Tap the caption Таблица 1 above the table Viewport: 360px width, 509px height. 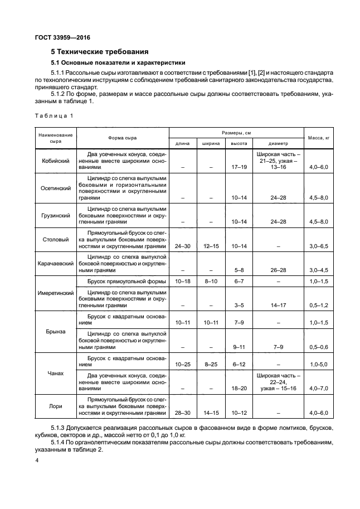pyautogui.click(x=54, y=116)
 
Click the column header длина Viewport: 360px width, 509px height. pyautogui.click(x=183, y=143)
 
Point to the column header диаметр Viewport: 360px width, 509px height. pyautogui.click(x=279, y=143)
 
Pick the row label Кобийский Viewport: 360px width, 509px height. pyautogui.click(x=56, y=161)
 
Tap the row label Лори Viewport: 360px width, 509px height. pyautogui.click(x=56, y=406)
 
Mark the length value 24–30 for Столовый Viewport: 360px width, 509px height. pyautogui.click(x=183, y=246)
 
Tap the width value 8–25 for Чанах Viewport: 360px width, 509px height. pyautogui.click(x=211, y=364)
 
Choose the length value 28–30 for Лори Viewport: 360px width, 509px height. pyautogui.click(x=183, y=413)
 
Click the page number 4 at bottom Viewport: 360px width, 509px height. pyautogui.click(x=37, y=460)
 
